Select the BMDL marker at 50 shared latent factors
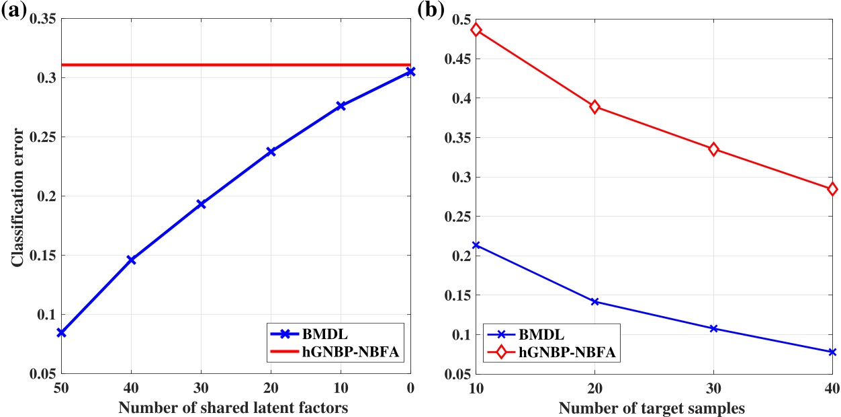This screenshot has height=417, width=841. coord(61,333)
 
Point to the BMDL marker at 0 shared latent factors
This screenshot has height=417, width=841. coord(410,71)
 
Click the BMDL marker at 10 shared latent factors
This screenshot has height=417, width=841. coord(341,106)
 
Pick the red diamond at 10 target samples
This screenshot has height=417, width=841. coord(476,30)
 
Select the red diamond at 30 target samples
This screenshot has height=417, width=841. coord(713,149)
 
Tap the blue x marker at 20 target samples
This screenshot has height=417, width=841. coord(594,301)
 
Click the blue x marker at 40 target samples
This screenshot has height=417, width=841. coord(832,352)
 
